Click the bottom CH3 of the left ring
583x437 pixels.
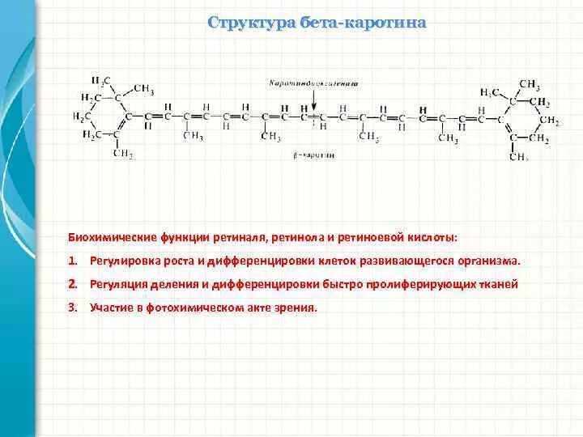pos(122,154)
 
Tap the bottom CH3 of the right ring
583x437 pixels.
pos(518,156)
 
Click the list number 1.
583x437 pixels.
pos(72,261)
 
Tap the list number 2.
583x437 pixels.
pos(72,285)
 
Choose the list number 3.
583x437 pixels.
pos(72,308)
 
